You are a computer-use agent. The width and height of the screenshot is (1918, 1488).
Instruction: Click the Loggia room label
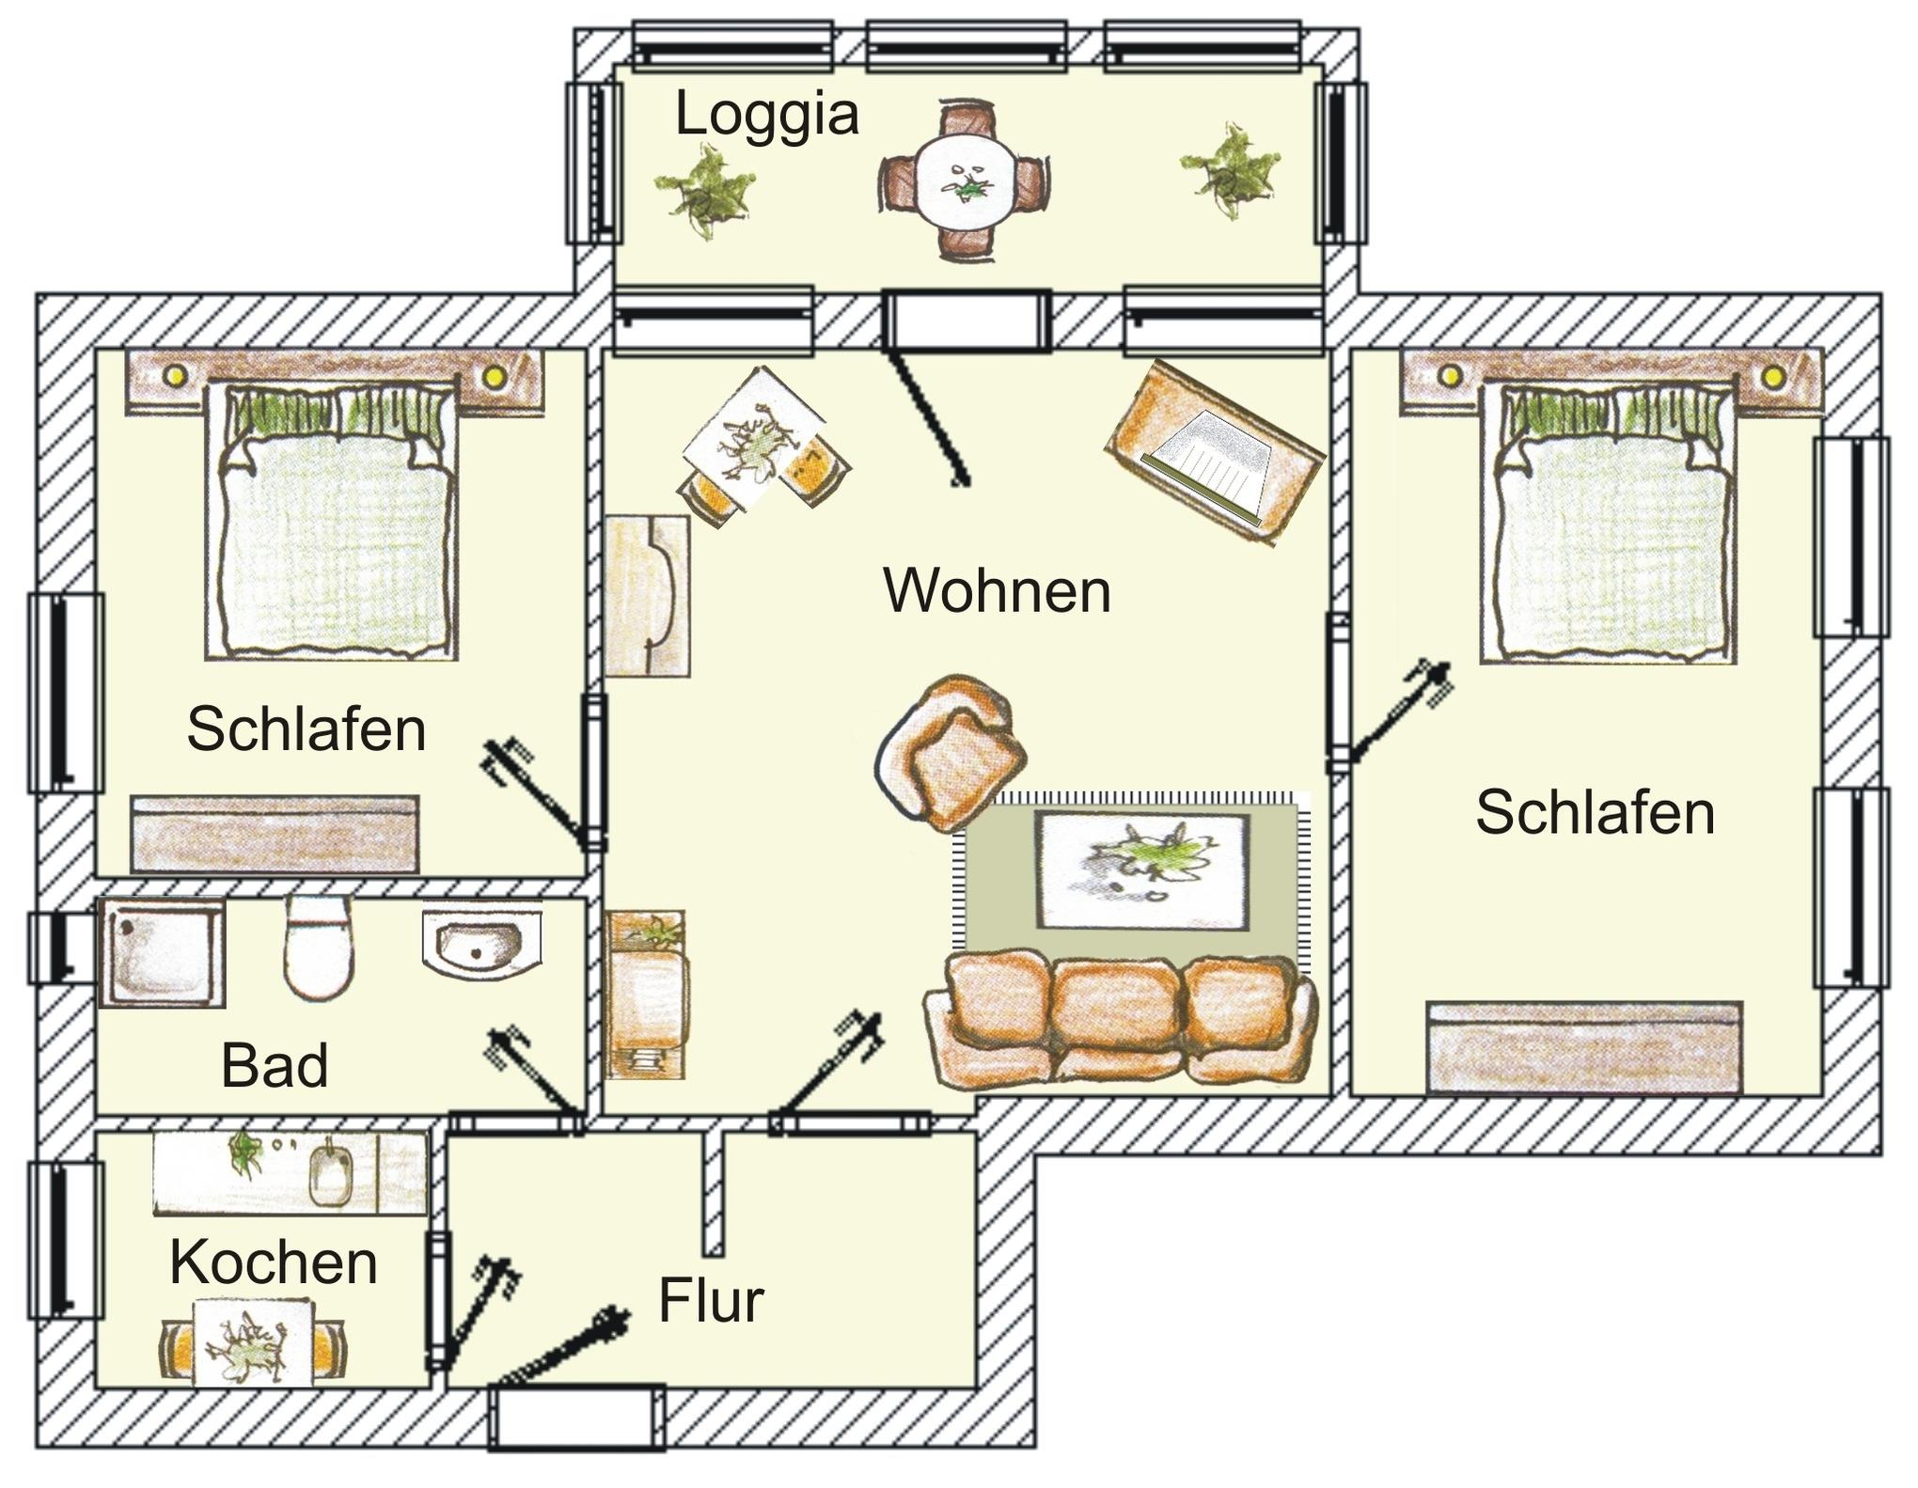tap(766, 116)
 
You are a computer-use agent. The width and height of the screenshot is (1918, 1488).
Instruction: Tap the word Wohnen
tap(997, 591)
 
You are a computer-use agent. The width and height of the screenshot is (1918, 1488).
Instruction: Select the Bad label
tap(275, 1066)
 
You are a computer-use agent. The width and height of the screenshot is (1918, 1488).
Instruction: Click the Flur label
tap(711, 1301)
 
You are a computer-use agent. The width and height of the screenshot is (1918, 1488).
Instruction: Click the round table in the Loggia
tap(966, 183)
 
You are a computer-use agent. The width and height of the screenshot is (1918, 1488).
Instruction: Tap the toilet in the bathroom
tap(319, 947)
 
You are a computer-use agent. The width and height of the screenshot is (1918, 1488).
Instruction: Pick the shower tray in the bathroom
tap(162, 952)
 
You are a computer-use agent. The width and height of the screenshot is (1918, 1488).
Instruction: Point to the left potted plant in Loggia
tap(705, 193)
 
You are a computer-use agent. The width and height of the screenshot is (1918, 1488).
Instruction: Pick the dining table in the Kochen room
tap(253, 1343)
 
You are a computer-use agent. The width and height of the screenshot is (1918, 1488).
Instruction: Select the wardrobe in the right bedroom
tap(1584, 1047)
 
